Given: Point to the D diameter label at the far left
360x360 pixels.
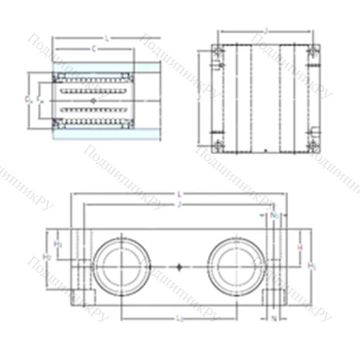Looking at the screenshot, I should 26,98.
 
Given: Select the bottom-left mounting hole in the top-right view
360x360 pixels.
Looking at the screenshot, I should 217,147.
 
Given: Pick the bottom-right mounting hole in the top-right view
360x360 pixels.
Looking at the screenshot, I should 312,147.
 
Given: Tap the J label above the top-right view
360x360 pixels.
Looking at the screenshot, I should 266,31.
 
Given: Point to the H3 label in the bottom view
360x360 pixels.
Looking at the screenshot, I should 59,245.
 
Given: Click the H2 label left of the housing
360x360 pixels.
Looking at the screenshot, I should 47,257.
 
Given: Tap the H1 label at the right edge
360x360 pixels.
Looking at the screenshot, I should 311,266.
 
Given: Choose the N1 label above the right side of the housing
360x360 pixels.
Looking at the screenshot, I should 273,215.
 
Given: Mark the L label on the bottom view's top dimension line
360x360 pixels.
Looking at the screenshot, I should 179,194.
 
